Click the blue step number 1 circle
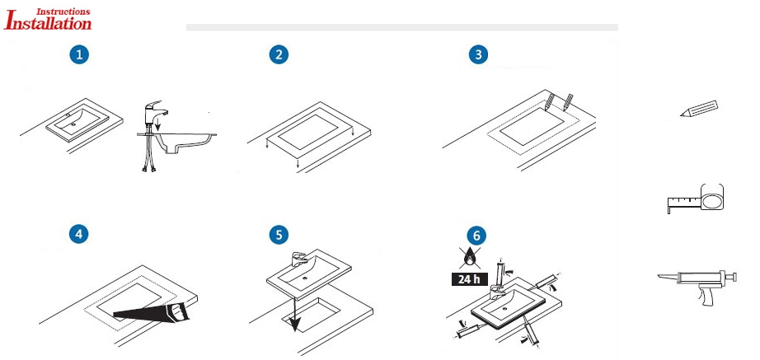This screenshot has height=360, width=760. (79, 54)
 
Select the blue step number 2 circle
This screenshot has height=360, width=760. (279, 54)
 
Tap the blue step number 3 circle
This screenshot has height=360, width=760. (478, 54)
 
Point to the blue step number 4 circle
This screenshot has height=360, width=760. (79, 234)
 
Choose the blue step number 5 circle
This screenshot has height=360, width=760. (279, 235)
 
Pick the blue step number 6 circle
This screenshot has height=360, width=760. (477, 236)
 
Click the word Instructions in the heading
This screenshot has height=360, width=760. (63, 11)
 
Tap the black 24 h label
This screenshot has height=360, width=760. (469, 279)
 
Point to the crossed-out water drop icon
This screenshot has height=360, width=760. (469, 257)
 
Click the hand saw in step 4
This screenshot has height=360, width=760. (152, 312)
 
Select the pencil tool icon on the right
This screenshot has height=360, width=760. (699, 109)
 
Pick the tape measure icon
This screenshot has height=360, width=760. (696, 199)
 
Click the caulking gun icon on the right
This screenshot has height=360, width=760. (697, 287)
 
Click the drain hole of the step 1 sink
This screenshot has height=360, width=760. (73, 124)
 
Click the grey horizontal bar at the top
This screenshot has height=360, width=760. (401, 27)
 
